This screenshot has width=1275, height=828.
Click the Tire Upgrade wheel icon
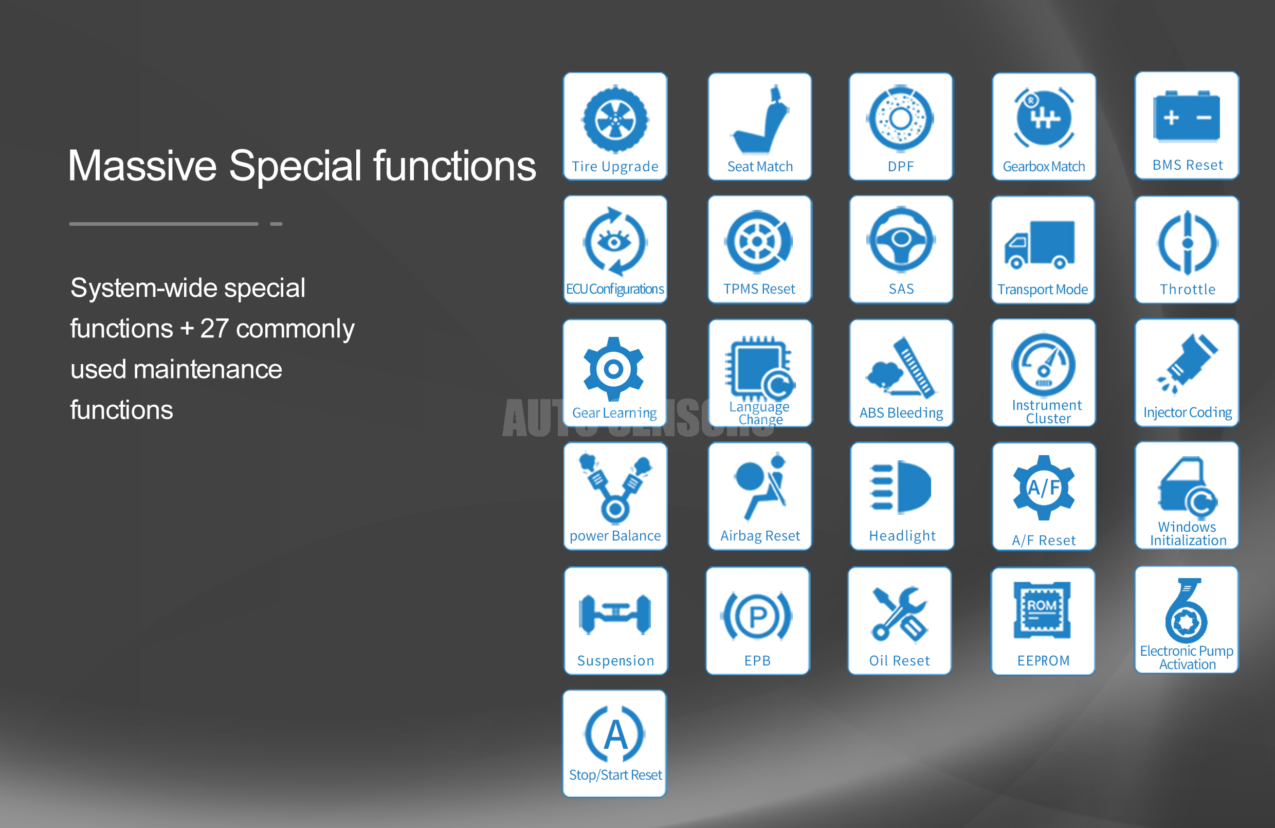coord(615,119)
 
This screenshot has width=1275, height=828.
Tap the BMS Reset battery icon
coord(1187,116)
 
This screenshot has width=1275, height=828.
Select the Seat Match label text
coord(760,167)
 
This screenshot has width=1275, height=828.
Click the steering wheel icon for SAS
coord(901,239)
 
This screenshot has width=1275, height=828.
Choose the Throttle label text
coord(1187,290)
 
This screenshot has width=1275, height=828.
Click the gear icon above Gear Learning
coord(613,369)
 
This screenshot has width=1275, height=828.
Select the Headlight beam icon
coord(900,487)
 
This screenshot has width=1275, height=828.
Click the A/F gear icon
coord(1044,488)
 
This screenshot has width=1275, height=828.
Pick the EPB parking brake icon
coord(757,616)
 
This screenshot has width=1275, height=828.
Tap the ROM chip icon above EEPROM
coord(1042,610)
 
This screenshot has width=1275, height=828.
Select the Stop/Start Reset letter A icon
coord(615,734)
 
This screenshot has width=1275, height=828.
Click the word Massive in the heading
coord(142,166)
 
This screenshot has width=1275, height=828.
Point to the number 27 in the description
coord(214,328)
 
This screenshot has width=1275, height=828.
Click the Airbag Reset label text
coord(760,536)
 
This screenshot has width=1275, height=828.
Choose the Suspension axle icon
coord(615,614)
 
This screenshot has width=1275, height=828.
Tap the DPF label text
coord(901,167)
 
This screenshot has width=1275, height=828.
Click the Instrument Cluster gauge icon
coord(1043,365)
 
